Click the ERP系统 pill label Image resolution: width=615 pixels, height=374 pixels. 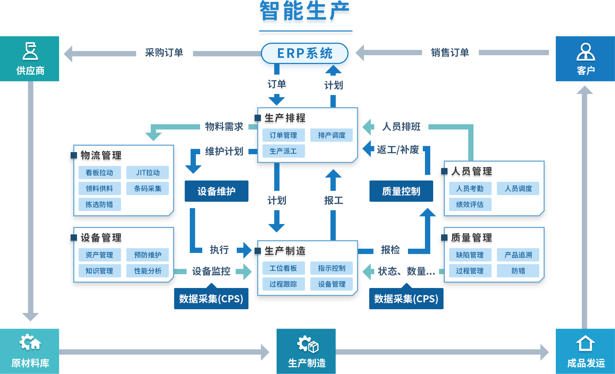tap(304, 53)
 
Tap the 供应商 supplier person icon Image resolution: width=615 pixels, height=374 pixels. tap(30, 51)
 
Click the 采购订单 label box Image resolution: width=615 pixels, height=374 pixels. tap(164, 53)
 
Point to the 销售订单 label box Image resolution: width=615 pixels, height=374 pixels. tap(450, 53)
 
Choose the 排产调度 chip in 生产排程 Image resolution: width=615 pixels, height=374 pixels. tap(332, 135)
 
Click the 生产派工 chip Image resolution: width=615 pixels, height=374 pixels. tap(283, 151)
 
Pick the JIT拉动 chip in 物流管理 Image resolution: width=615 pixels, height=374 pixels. tap(148, 173)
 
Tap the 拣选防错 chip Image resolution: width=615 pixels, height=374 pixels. tap(99, 205)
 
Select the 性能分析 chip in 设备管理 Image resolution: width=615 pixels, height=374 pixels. tap(148, 271)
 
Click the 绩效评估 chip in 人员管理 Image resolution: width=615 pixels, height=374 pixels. tap(470, 205)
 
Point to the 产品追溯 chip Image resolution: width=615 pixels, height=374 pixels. tap(518, 255)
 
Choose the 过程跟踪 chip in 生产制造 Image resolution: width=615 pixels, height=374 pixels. tap(283, 284)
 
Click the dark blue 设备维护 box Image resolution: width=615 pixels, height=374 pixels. tap(216, 191)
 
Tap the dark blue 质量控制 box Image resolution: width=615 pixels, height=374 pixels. tap(401, 191)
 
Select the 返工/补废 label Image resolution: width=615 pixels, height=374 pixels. tap(398, 150)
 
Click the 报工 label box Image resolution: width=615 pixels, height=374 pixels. tap(333, 201)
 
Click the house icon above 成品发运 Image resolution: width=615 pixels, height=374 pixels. tap(585, 343)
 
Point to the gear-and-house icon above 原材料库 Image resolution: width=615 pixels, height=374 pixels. tap(30, 342)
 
